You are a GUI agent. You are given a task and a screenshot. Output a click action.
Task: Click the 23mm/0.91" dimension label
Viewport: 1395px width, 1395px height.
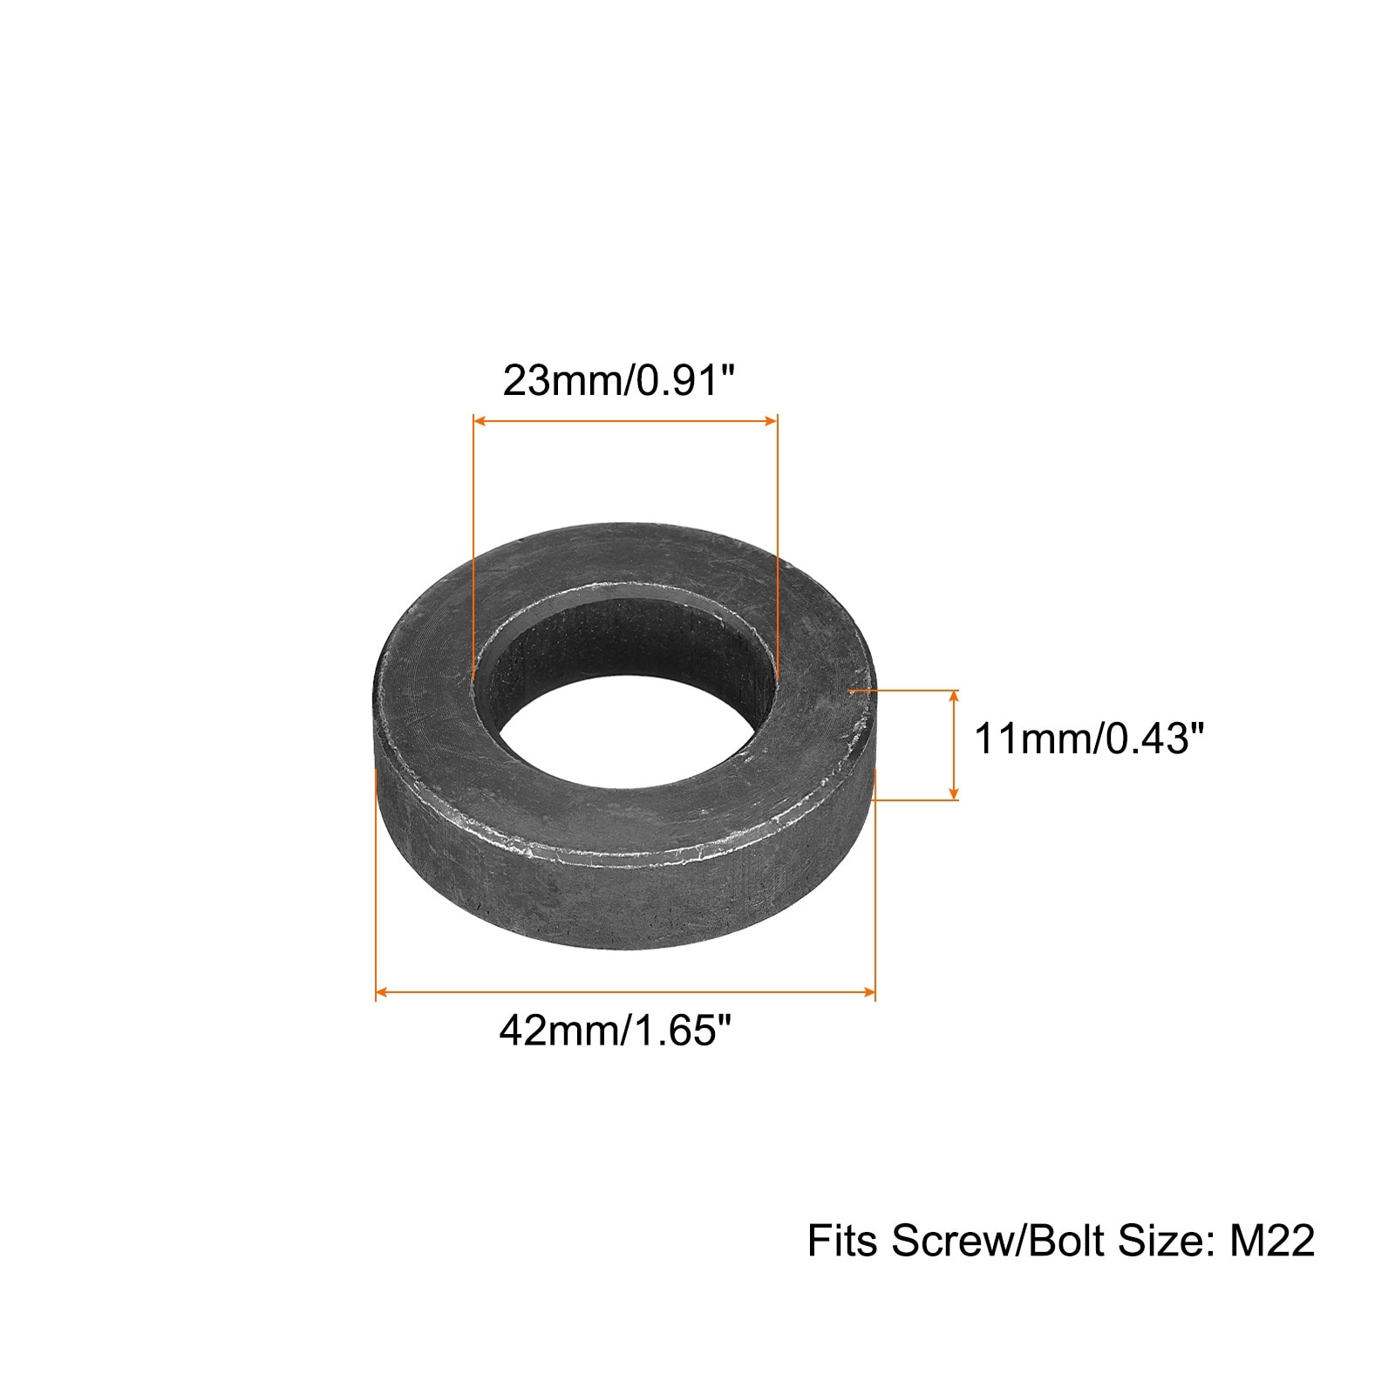[619, 381]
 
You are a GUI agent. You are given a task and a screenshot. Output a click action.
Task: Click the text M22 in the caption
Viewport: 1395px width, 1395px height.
[1271, 1241]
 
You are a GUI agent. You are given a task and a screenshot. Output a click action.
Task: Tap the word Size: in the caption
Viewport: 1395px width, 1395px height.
[1167, 1241]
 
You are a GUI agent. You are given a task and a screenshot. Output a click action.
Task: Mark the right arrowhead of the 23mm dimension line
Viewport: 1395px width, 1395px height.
[771, 420]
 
